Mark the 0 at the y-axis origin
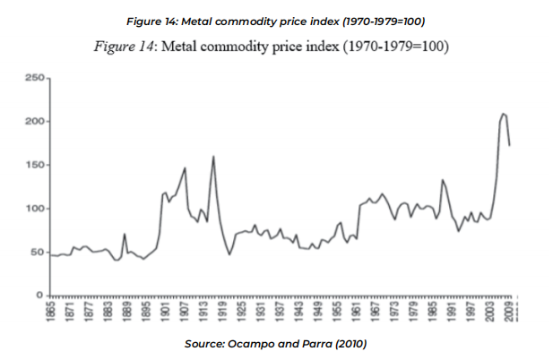coord(40,296)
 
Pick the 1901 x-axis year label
coord(166,313)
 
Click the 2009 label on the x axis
coord(509,313)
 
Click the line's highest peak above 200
coord(504,114)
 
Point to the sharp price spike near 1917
coord(213,157)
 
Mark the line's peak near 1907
coord(185,168)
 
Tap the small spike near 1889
coord(125,234)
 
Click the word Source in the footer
coord(204,344)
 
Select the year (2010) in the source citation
coord(349,344)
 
